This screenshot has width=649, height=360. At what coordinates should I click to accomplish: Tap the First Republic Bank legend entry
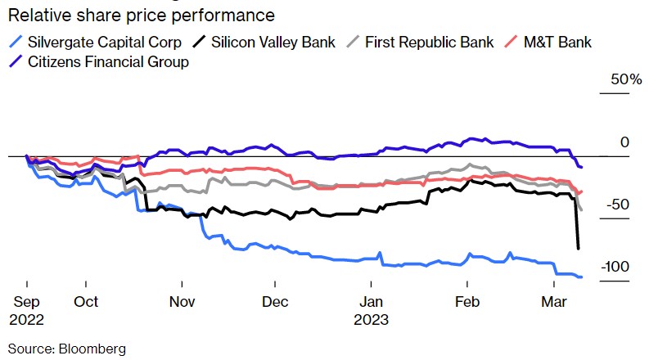tap(426, 42)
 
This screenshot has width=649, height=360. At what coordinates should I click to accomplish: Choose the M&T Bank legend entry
tap(557, 42)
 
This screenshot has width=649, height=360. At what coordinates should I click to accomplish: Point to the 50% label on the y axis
tap(625, 80)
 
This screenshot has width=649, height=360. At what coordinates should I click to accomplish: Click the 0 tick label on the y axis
tap(624, 142)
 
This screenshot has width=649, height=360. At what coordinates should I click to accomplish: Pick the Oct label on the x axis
tap(86, 301)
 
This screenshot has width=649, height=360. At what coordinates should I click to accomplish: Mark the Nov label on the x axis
tap(182, 301)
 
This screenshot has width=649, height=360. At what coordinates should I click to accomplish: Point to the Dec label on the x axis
tap(277, 301)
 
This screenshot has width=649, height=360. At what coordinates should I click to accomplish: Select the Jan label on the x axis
tap(371, 301)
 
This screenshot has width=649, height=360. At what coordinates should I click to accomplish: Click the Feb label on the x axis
tap(467, 301)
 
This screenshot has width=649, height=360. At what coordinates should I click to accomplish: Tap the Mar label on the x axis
tap(555, 301)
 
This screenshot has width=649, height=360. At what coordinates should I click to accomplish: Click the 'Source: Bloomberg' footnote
tap(67, 349)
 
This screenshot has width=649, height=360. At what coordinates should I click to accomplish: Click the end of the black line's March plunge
tap(579, 248)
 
